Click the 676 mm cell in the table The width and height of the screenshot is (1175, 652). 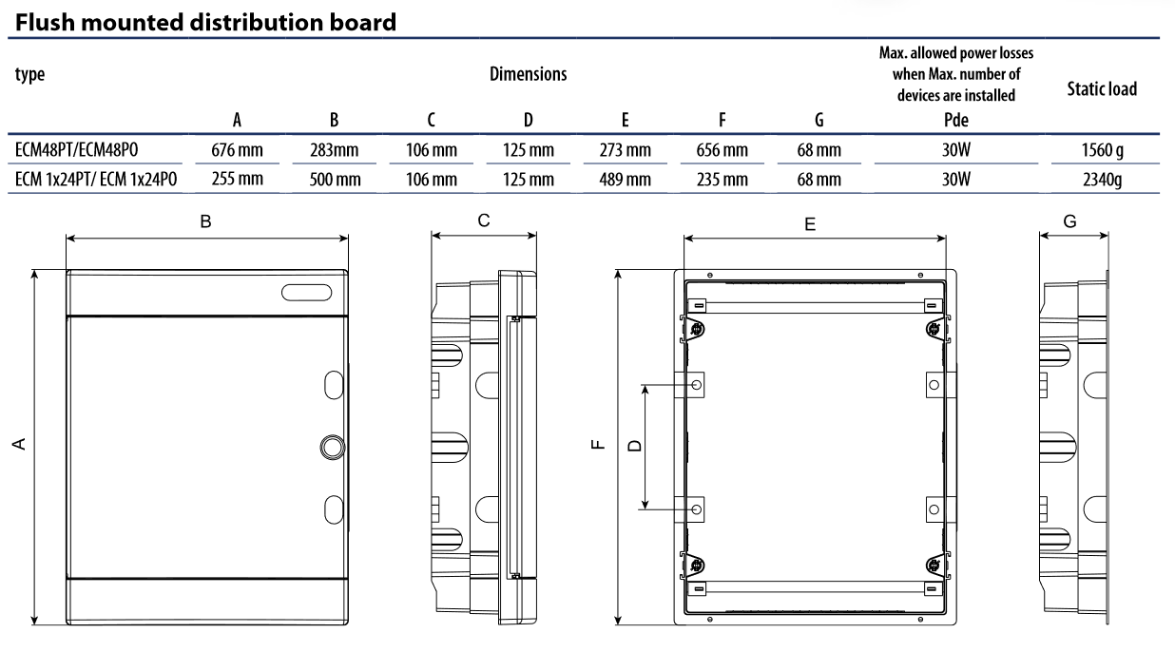click(x=237, y=150)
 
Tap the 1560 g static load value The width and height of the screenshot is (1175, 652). click(x=1103, y=150)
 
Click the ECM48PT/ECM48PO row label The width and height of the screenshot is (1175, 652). click(x=79, y=150)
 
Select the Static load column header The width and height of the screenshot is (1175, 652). click(x=1103, y=89)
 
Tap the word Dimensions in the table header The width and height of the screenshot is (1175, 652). click(x=528, y=74)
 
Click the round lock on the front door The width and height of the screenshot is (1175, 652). click(x=332, y=446)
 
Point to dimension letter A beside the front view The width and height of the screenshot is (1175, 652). click(x=17, y=444)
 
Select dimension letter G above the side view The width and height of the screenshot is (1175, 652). click(x=1071, y=221)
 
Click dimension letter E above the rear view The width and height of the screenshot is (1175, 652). click(x=810, y=224)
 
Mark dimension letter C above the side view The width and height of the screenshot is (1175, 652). click(x=484, y=221)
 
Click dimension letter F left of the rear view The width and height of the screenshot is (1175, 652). click(x=596, y=444)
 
